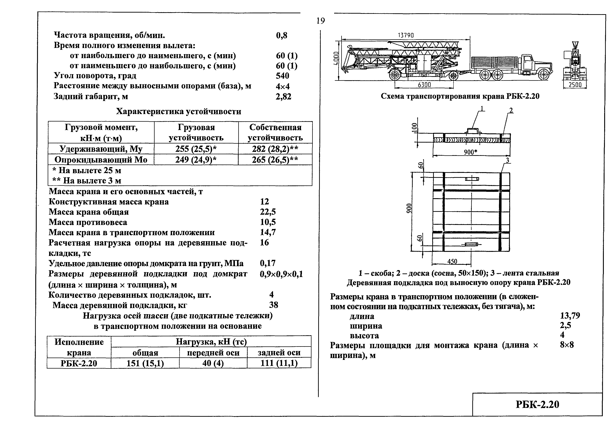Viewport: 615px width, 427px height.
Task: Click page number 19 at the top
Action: click(321, 21)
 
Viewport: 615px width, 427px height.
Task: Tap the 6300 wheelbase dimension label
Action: click(424, 85)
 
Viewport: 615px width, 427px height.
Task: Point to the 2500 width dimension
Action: click(575, 85)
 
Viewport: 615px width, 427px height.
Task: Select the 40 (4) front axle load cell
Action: click(213, 363)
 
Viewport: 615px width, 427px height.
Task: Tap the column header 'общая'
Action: click(145, 353)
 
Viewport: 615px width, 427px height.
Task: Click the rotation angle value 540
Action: click(282, 76)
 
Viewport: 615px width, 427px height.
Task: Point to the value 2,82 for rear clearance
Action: click(283, 97)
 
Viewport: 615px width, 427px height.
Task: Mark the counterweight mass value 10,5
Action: click(268, 222)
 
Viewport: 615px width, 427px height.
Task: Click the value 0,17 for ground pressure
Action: click(268, 263)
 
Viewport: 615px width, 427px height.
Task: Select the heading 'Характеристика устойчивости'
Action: click(179, 111)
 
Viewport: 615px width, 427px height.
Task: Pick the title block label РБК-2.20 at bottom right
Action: click(537, 405)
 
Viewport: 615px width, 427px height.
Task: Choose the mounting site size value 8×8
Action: click(567, 345)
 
